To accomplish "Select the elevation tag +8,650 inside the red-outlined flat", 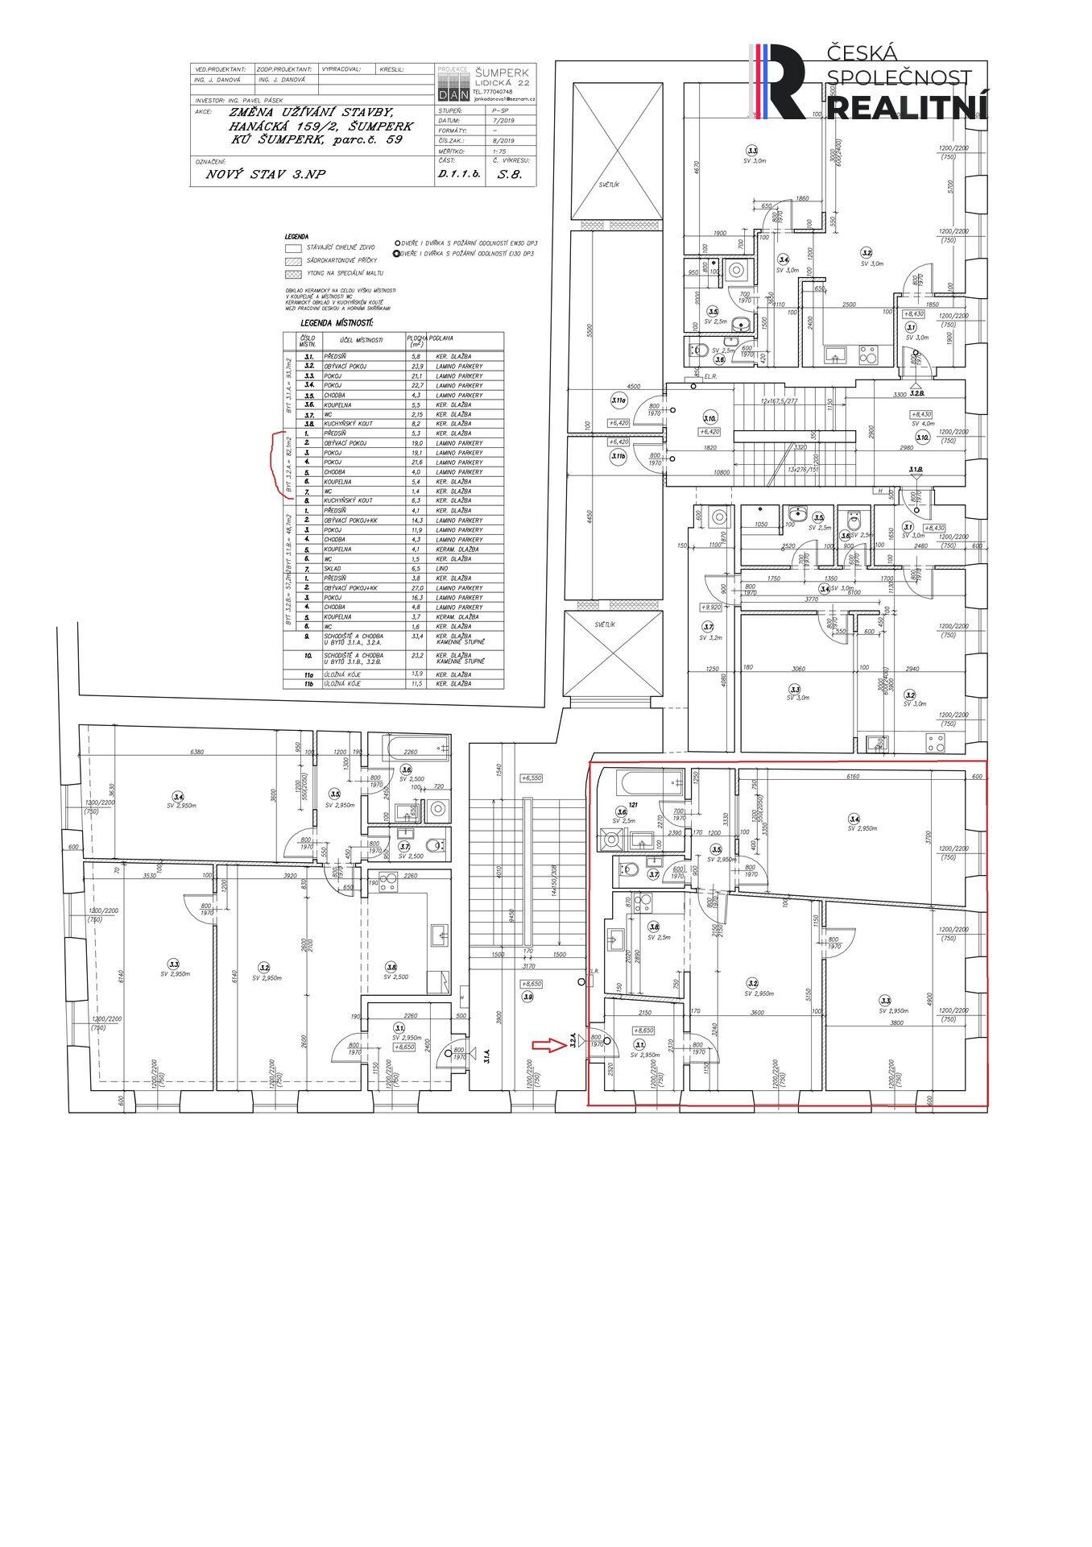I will click(x=643, y=1030).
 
